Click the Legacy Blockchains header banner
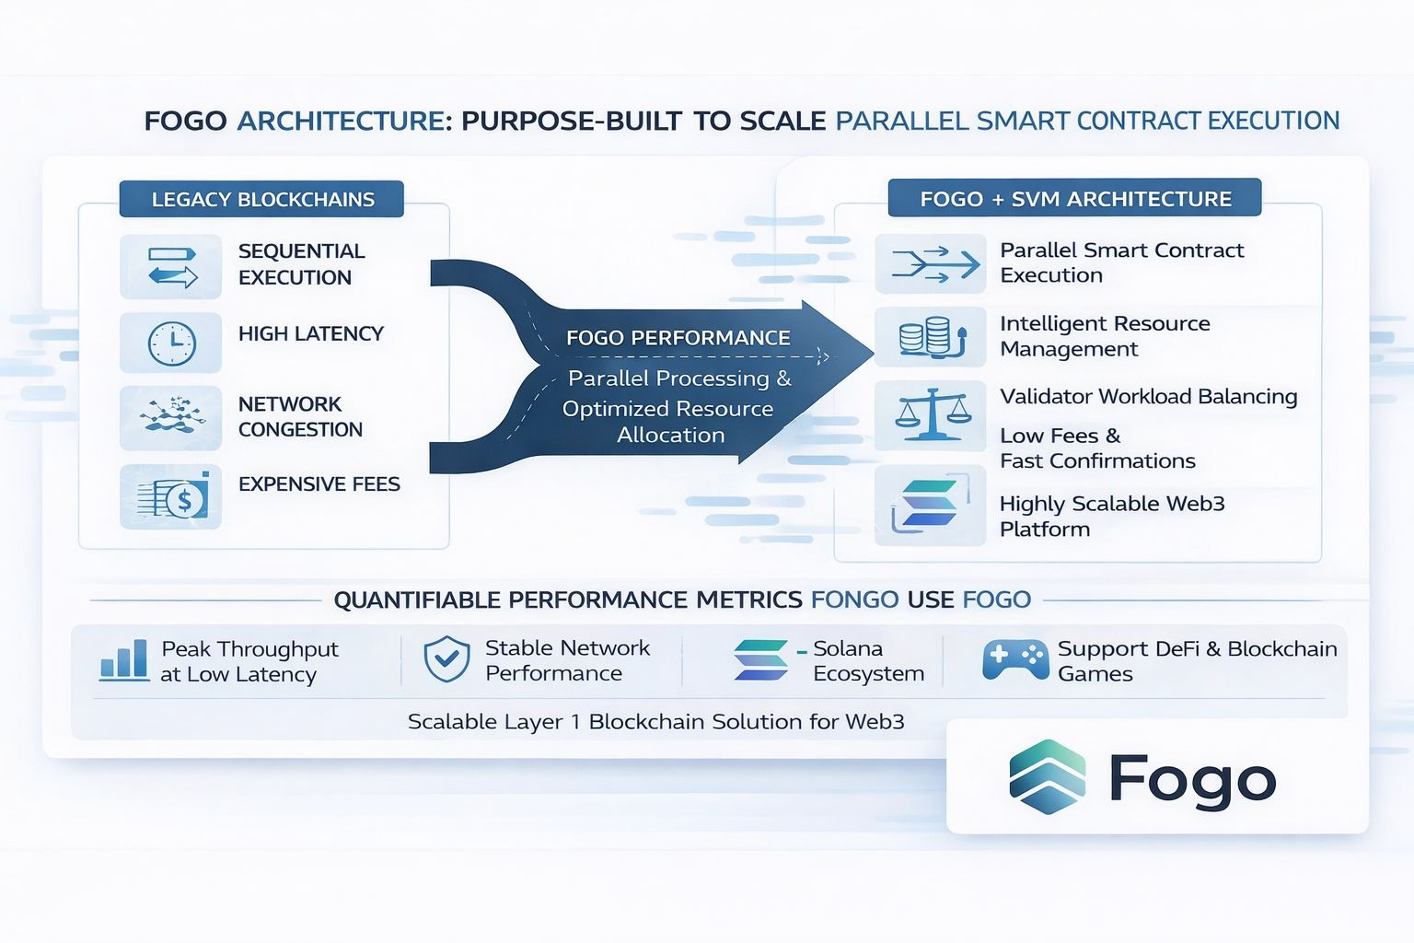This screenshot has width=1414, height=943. pyautogui.click(x=261, y=199)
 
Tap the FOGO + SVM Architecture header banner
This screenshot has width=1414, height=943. pyautogui.click(x=1074, y=198)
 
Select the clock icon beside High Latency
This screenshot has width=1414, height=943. pyautogui.click(x=171, y=343)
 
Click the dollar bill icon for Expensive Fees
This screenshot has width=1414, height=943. pyautogui.click(x=173, y=497)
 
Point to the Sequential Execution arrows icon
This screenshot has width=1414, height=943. pyautogui.click(x=172, y=266)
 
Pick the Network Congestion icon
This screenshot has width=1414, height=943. pyautogui.click(x=171, y=416)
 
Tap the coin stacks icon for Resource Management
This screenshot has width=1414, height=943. pyautogui.click(x=932, y=337)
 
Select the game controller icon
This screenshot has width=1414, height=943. pyautogui.click(x=1014, y=659)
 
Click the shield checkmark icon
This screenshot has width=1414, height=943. pyautogui.click(x=446, y=659)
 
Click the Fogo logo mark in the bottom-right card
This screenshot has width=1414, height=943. pyautogui.click(x=1047, y=777)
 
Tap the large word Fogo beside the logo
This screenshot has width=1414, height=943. pyautogui.click(x=1192, y=781)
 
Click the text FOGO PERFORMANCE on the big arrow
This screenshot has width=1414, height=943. pyautogui.click(x=678, y=338)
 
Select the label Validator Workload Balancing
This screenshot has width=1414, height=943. pyautogui.click(x=1148, y=397)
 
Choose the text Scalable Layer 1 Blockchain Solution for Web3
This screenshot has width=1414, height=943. pyautogui.click(x=655, y=722)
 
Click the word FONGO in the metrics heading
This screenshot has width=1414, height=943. pyautogui.click(x=854, y=600)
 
